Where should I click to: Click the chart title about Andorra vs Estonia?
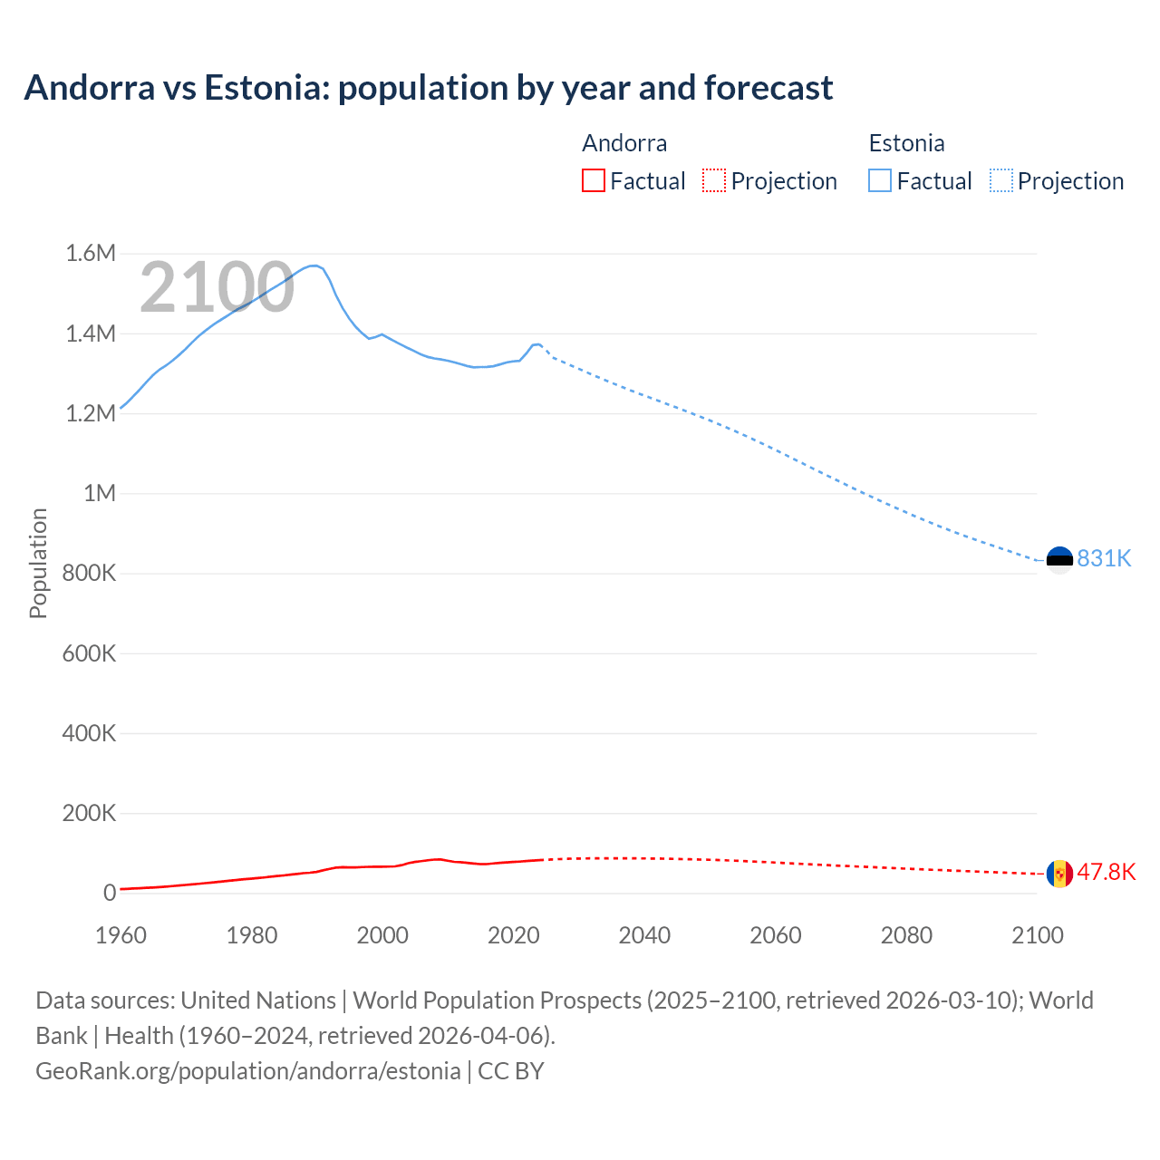tap(428, 88)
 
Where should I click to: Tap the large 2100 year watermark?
tap(217, 287)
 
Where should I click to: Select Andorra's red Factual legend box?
tap(593, 180)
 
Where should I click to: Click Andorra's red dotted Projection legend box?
tap(714, 180)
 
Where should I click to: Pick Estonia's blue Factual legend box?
tap(879, 180)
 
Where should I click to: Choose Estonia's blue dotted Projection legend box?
tap(1000, 180)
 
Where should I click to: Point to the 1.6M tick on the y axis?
tap(91, 253)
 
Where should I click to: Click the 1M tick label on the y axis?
tap(100, 493)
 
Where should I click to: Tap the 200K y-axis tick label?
tap(89, 813)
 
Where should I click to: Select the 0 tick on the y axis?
tap(110, 893)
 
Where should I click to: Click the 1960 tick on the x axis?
tap(121, 935)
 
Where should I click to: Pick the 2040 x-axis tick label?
tap(644, 935)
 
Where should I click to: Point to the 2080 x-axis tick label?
tap(906, 935)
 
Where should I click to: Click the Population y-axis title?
tap(38, 563)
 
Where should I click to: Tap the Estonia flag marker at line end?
tap(1059, 559)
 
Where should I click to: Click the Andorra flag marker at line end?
tap(1059, 874)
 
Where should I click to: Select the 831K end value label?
tap(1104, 559)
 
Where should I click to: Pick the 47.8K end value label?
tap(1106, 872)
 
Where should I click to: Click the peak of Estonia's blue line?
tap(314, 266)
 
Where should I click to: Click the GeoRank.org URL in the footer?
tap(247, 1071)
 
